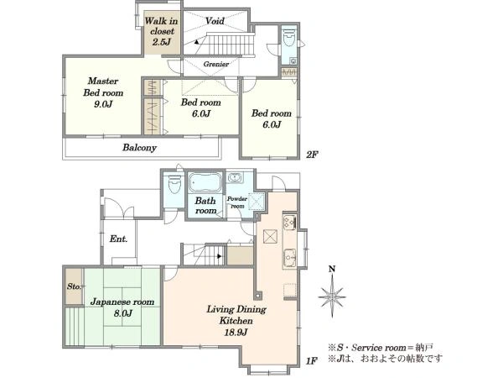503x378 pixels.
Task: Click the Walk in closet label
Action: point(161,31)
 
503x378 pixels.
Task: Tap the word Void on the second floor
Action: point(215,21)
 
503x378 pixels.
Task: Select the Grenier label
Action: point(216,64)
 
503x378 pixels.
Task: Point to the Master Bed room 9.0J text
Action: point(103,92)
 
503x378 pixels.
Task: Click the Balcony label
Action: point(139,148)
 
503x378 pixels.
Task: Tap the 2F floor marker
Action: point(312,155)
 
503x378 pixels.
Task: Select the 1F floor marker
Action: point(311,361)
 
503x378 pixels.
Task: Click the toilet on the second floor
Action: point(289,38)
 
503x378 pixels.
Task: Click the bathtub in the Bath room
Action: point(205,182)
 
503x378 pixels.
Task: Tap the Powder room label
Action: point(237,202)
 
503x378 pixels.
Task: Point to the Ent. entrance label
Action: point(118,239)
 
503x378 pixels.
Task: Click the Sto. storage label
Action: point(74,286)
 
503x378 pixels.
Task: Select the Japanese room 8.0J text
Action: point(122,307)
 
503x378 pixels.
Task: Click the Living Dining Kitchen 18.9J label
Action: point(236,321)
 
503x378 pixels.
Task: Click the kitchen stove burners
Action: point(289,222)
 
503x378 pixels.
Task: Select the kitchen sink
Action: point(290,258)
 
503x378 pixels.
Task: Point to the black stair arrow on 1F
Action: point(219,256)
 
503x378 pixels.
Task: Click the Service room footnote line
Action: point(381,348)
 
